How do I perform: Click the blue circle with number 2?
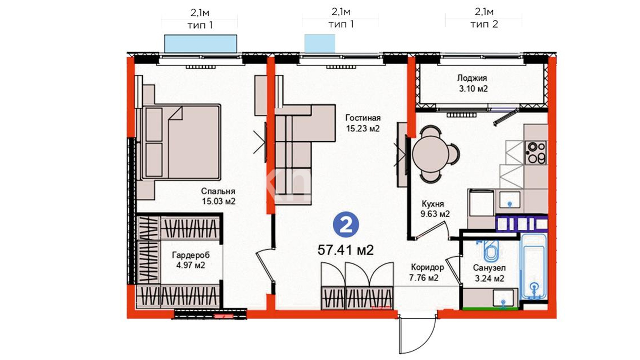(x=346, y=226)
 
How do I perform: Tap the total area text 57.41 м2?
(x=346, y=250)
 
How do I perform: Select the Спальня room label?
(x=218, y=191)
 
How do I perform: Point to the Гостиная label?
(x=363, y=118)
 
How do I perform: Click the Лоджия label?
(x=472, y=78)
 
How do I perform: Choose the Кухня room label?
(x=433, y=204)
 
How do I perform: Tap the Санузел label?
(x=489, y=268)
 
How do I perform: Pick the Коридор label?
(x=427, y=267)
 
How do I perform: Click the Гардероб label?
(x=191, y=255)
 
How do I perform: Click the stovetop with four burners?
(x=535, y=153)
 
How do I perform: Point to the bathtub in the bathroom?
(x=534, y=266)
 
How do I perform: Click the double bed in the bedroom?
(x=181, y=142)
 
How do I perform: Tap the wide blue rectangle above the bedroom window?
(x=201, y=43)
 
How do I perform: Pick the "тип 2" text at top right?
(x=484, y=24)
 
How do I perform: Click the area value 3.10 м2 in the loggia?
(x=473, y=89)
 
